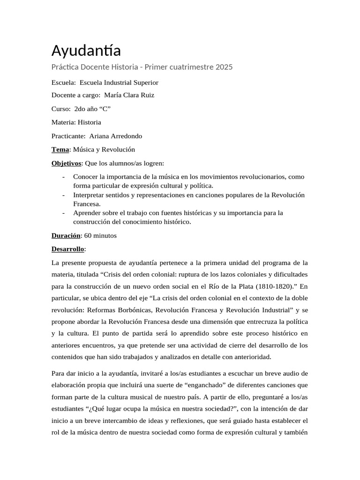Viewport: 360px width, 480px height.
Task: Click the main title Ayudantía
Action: [x=86, y=50]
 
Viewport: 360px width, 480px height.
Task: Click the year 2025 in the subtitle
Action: [x=224, y=67]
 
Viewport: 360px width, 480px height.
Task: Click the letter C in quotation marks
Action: [x=105, y=109]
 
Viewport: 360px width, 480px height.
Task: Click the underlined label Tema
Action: [x=60, y=150]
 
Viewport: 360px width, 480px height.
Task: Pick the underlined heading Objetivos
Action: [x=66, y=163]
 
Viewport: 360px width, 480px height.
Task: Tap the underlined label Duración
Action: [x=66, y=235]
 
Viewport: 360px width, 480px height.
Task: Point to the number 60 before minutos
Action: [x=88, y=235]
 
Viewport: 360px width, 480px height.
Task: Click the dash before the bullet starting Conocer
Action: [x=63, y=177]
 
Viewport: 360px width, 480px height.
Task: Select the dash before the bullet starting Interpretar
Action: [x=63, y=195]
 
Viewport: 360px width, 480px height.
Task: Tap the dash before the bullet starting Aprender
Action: [x=63, y=213]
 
